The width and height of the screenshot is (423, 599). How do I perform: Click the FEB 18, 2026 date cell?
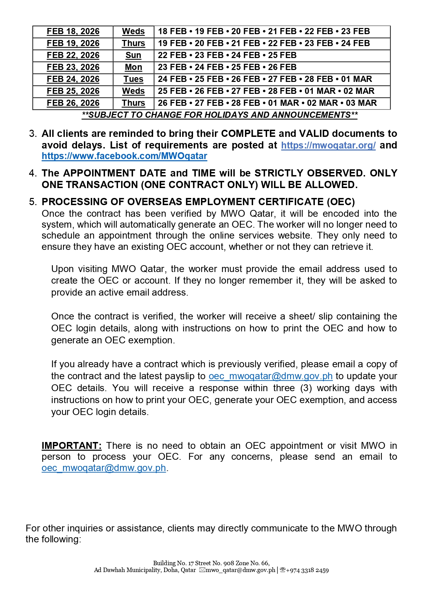pos(73,31)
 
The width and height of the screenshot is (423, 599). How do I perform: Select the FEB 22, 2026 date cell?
pos(73,55)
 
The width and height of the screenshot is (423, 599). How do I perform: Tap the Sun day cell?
pos(133,55)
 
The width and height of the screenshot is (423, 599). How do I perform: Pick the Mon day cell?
pos(133,67)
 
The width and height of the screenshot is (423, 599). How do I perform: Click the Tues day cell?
pos(133,79)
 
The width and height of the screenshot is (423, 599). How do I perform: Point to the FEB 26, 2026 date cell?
pos(73,103)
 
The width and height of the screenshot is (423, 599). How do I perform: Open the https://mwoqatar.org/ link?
pos(328,145)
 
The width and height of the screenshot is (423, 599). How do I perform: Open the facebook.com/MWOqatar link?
pos(125,156)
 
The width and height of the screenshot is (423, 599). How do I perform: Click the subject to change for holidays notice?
pos(220,115)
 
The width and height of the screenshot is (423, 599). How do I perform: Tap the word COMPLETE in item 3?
pos(248,134)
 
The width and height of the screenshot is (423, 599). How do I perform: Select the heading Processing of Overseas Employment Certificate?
pos(198,202)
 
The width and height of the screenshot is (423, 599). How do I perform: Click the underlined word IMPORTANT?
pos(72,446)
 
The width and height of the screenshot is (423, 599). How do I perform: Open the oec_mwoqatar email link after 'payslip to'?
pos(271,376)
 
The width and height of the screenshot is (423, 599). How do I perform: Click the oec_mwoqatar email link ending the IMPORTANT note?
pos(104,468)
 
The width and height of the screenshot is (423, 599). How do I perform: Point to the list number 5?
pos(33,202)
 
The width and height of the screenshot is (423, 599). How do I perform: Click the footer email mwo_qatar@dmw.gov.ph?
pos(240,570)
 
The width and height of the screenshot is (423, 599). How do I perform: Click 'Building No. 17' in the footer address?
pos(173,563)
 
